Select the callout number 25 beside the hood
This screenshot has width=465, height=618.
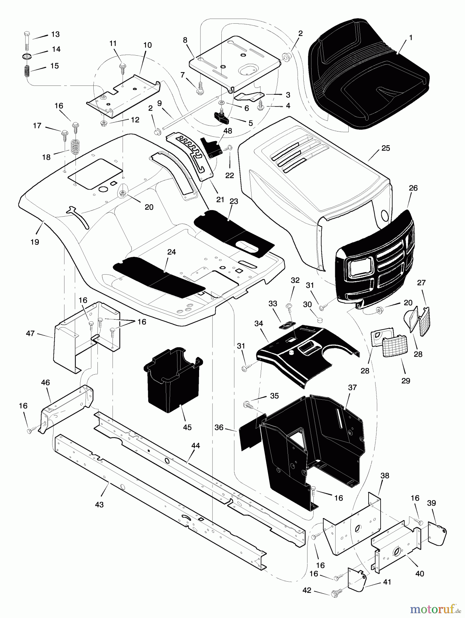click(386, 148)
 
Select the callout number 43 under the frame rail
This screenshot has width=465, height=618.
click(99, 505)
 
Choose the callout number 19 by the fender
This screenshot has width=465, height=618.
click(34, 242)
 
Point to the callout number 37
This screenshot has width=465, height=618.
click(352, 387)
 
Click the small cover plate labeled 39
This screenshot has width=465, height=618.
click(438, 534)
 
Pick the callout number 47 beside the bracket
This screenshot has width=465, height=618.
click(31, 333)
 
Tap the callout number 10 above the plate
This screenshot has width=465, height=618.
click(148, 45)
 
